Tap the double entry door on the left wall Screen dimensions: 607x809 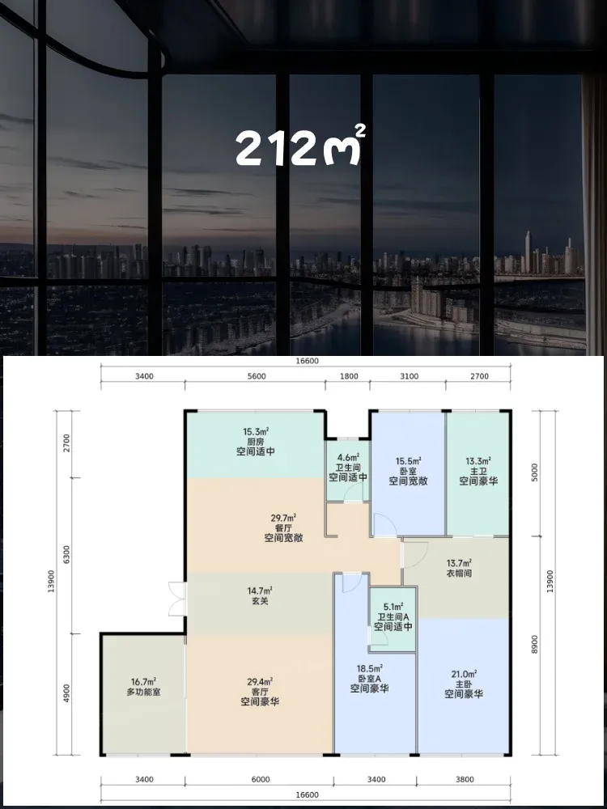point(177,599)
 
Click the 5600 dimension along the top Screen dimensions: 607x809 point(257,376)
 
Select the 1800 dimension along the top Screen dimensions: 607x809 point(349,376)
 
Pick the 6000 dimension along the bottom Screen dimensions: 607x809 point(261,779)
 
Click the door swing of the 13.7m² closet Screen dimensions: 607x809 point(415,552)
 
